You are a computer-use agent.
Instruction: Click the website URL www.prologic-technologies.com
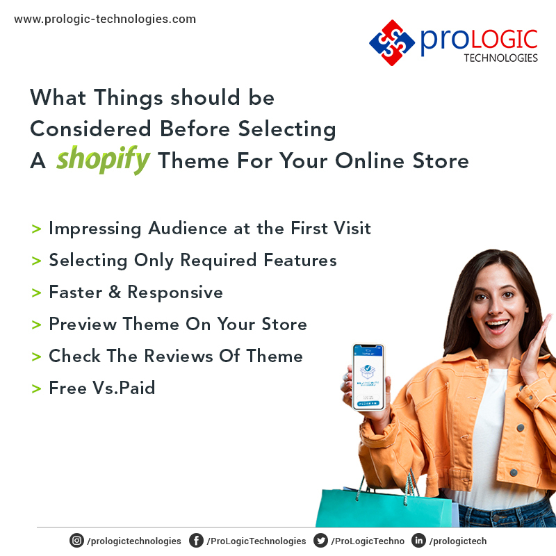click(x=105, y=19)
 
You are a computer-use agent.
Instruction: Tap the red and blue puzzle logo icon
click(x=392, y=42)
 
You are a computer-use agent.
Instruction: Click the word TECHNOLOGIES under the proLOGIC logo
click(x=500, y=58)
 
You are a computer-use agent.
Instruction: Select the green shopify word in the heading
click(x=103, y=160)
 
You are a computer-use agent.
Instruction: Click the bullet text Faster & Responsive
click(x=136, y=292)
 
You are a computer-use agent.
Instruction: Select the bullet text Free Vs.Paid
click(x=101, y=388)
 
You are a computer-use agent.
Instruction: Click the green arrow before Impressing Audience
click(x=36, y=229)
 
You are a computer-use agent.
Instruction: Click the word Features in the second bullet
click(x=300, y=260)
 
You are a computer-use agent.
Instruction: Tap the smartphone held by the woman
click(x=368, y=376)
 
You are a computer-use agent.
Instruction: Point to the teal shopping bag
click(x=361, y=503)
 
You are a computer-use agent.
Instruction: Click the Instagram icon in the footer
click(x=76, y=541)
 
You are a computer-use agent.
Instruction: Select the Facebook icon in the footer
click(x=197, y=541)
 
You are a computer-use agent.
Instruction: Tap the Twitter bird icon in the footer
click(x=320, y=541)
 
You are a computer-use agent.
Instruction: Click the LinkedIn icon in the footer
click(x=418, y=541)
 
